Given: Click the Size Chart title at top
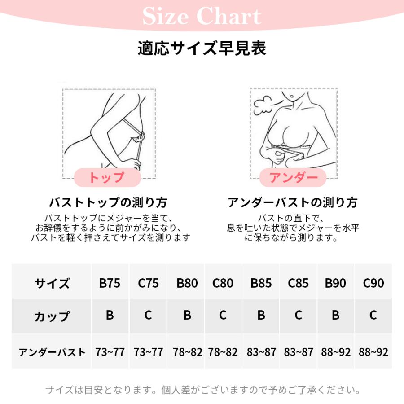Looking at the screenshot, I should [x=202, y=17].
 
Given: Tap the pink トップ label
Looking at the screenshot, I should [x=107, y=178].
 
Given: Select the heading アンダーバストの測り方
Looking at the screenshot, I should [x=293, y=202].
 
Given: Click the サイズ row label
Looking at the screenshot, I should [x=52, y=284].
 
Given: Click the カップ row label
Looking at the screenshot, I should [x=52, y=316].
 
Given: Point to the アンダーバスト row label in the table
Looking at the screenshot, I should [x=52, y=352].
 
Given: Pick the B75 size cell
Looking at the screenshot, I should [x=110, y=284].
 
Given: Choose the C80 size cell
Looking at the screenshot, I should [x=223, y=284].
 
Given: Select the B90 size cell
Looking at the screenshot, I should [x=335, y=284].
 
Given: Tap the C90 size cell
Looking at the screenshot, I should [x=373, y=284].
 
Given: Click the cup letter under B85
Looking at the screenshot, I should [x=261, y=316].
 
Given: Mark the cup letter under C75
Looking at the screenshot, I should [x=148, y=316].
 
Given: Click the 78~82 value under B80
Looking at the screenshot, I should [x=187, y=352].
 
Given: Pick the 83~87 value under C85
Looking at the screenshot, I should [x=299, y=352].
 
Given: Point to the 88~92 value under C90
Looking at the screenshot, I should [x=373, y=352].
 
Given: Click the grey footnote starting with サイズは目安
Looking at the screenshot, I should [x=202, y=390].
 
